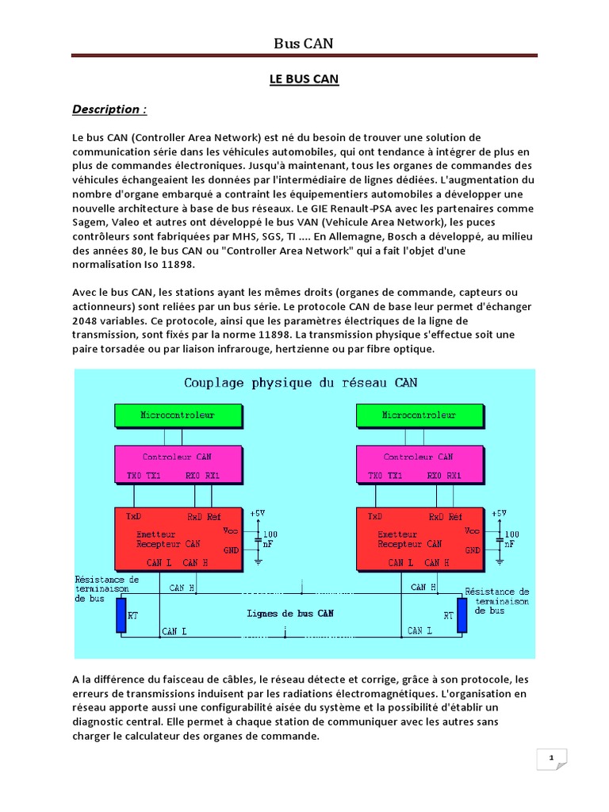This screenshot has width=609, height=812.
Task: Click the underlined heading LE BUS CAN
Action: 304,80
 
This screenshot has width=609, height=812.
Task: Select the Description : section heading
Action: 109,109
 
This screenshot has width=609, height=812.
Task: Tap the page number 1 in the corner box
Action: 550,759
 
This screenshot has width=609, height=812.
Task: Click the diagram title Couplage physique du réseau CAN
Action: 301,382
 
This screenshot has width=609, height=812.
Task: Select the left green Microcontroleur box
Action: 177,415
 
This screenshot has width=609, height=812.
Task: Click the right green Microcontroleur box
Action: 419,415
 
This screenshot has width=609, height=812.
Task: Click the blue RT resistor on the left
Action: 121,615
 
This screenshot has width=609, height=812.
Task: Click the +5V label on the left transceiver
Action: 258,514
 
